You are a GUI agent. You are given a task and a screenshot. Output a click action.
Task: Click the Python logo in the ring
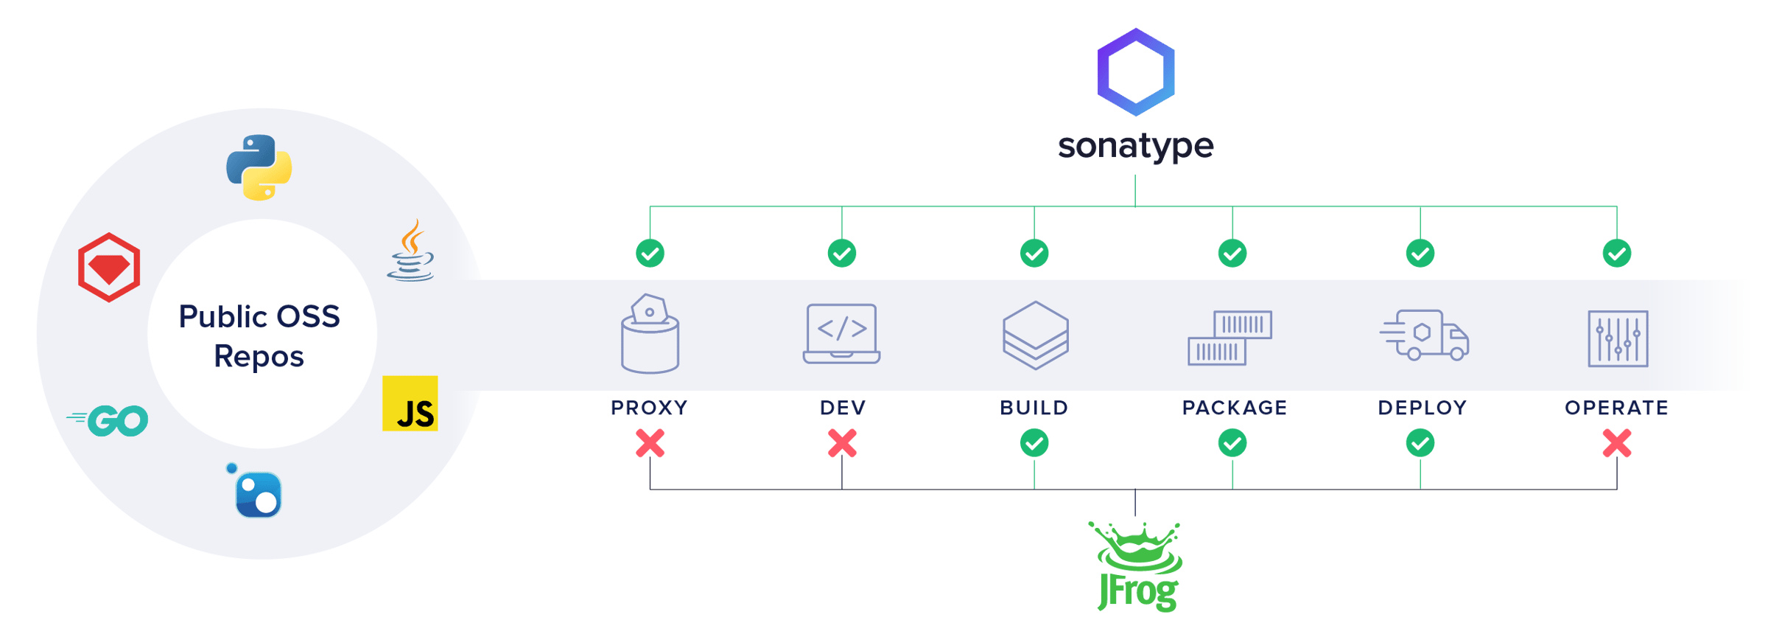pyautogui.click(x=259, y=167)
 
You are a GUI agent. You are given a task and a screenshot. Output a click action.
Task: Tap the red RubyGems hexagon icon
pyautogui.click(x=109, y=267)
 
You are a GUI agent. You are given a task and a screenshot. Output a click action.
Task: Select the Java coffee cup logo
pyautogui.click(x=411, y=251)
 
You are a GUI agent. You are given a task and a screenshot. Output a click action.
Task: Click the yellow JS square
pyautogui.click(x=410, y=403)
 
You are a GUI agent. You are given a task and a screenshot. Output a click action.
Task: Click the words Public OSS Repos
pyautogui.click(x=259, y=336)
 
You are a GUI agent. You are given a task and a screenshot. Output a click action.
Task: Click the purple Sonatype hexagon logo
pyautogui.click(x=1135, y=72)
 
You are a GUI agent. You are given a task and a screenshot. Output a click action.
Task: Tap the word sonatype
pyautogui.click(x=1135, y=146)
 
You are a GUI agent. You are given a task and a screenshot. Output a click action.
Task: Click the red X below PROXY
pyautogui.click(x=650, y=444)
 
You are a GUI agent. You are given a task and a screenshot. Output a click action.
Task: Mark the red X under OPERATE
pyautogui.click(x=1617, y=444)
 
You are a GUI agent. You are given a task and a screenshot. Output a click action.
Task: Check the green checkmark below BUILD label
pyautogui.click(x=1034, y=444)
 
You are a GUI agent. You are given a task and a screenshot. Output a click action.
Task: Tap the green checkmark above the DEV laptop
pyautogui.click(x=842, y=254)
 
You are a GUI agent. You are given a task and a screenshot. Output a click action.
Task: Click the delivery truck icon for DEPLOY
pyautogui.click(x=1423, y=335)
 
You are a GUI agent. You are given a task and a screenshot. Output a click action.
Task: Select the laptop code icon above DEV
pyautogui.click(x=842, y=333)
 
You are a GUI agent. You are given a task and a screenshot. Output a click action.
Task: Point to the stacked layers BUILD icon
pyautogui.click(x=1035, y=335)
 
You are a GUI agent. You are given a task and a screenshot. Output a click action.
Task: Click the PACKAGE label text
pyautogui.click(x=1235, y=408)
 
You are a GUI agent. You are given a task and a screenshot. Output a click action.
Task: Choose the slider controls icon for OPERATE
pyautogui.click(x=1618, y=338)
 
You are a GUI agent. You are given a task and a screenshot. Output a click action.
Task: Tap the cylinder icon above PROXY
pyautogui.click(x=650, y=335)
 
